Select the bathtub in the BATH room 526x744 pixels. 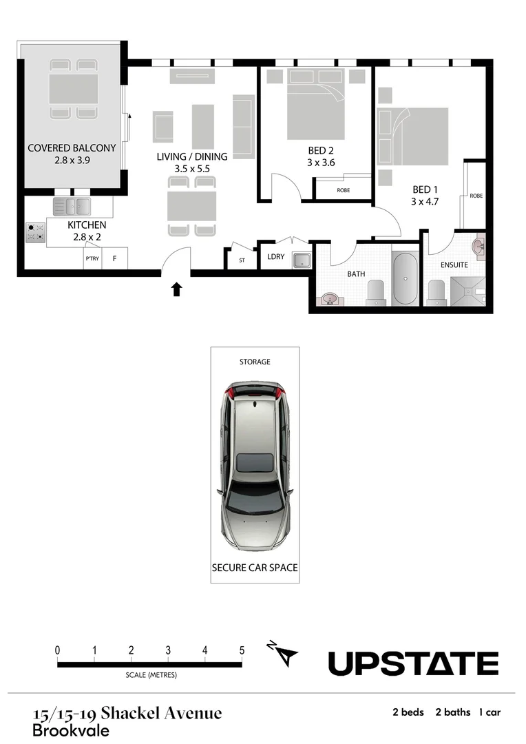coord(404,278)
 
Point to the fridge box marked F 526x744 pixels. coord(115,259)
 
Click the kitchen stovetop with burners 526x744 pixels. coord(34,232)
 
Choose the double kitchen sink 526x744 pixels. coord(72,205)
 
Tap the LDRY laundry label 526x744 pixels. coord(275,257)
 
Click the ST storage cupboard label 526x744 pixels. coord(242,260)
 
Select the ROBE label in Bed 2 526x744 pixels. coord(343,190)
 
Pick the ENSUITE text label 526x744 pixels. coord(454,265)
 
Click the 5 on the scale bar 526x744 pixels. coord(242,650)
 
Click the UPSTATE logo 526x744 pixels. coord(413,663)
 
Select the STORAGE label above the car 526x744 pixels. coord(255,362)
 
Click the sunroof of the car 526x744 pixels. coord(254,462)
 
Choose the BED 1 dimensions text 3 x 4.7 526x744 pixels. coord(425,201)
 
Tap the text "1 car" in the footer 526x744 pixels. coord(490,712)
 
